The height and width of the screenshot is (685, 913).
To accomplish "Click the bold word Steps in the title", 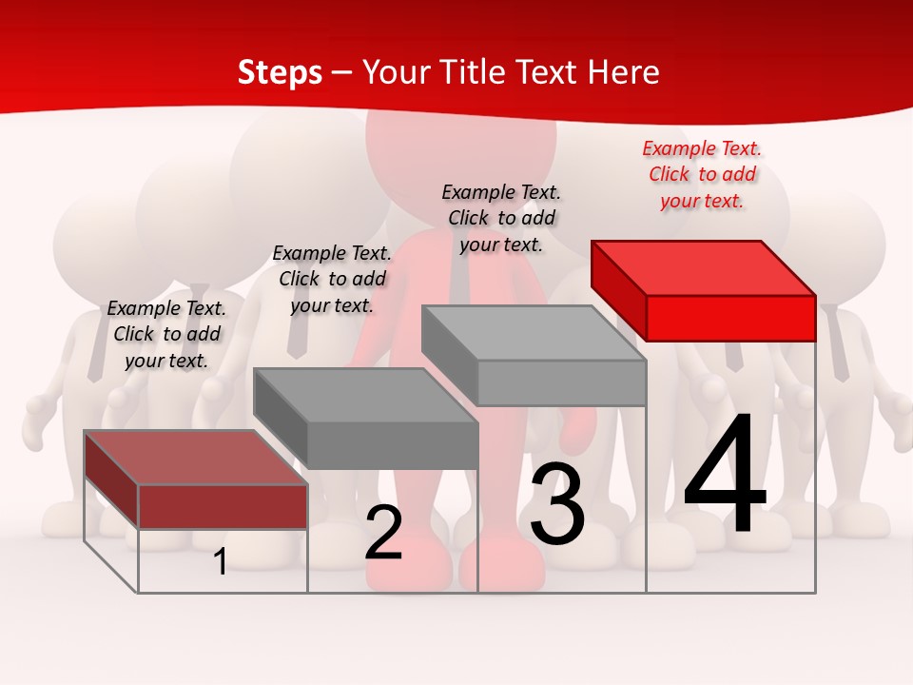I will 280,72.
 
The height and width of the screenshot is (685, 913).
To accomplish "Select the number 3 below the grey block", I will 557,504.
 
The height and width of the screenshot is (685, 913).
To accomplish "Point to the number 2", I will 383,534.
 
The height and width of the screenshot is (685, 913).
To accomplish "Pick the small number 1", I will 221,562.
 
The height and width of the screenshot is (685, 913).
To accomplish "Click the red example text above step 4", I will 702,174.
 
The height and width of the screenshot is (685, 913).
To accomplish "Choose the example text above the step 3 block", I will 501,218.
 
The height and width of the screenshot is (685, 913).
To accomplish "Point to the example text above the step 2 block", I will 332,279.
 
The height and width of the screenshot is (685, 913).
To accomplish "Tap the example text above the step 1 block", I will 166,334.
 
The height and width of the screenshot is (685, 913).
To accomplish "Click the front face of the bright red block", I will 730,318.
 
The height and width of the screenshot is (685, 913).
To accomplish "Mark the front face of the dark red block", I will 223,506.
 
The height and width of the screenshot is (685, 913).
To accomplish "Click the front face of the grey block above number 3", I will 561,382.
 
